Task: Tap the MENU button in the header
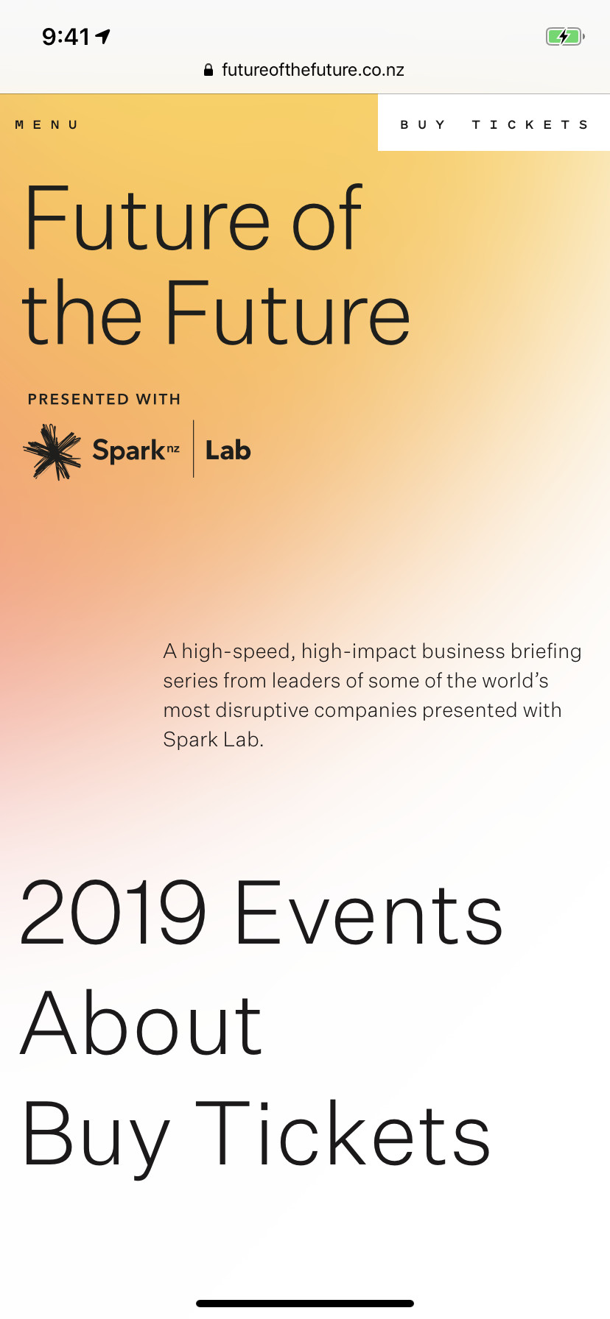[46, 125]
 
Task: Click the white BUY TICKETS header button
[494, 123]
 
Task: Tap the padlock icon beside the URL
[208, 70]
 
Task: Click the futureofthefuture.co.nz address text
[313, 70]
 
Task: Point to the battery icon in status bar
[565, 36]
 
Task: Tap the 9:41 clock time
[66, 36]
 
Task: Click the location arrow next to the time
[103, 35]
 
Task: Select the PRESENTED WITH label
[104, 399]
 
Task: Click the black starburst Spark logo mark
[52, 451]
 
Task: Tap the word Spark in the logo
[129, 450]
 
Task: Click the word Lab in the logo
[228, 450]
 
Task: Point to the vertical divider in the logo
[194, 449]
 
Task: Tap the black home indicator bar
[305, 1304]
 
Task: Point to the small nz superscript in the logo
[173, 448]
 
